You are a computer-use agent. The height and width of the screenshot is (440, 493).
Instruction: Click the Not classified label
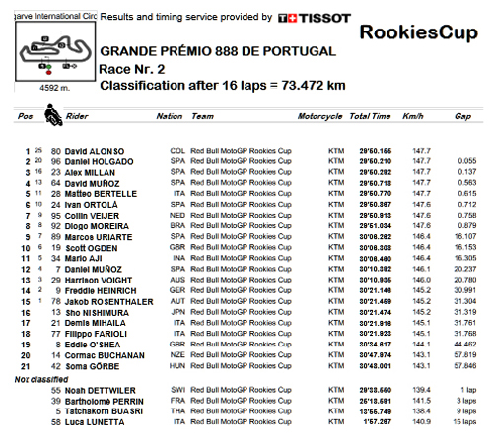tap(35, 377)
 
